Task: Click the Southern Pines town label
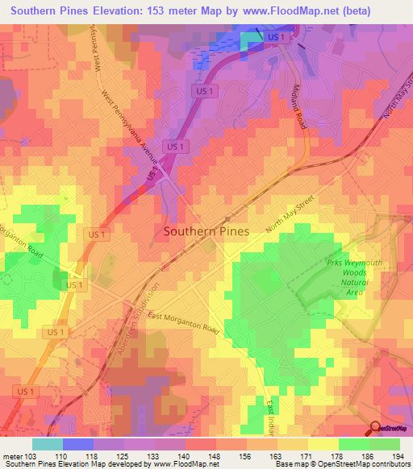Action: pos(206,230)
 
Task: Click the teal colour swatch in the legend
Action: pos(48,444)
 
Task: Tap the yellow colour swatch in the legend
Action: pos(323,444)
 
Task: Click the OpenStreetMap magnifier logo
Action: pos(377,428)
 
